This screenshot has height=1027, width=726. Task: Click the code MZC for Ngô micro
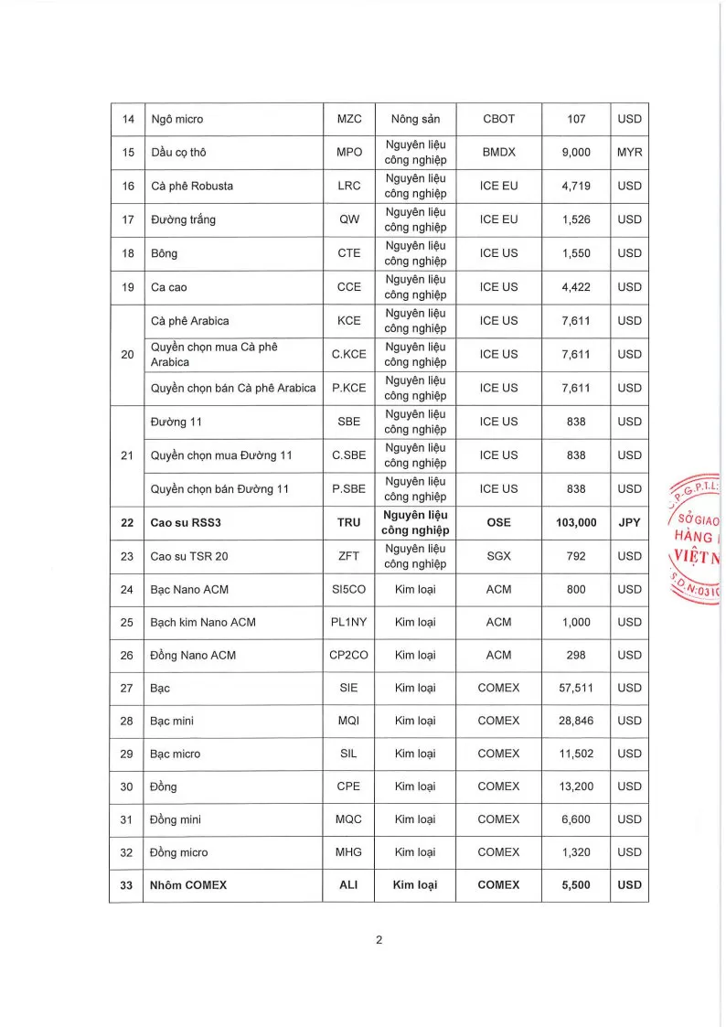click(349, 119)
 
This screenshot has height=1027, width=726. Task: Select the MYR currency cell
click(629, 153)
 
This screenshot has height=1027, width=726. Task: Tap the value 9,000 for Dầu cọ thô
click(576, 153)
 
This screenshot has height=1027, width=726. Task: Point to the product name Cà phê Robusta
click(192, 186)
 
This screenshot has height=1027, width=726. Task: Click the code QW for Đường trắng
click(349, 219)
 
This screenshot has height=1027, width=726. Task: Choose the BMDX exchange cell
click(498, 153)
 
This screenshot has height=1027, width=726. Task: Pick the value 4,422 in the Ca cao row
click(576, 287)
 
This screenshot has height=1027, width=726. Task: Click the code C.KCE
click(349, 354)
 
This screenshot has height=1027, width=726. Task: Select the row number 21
click(128, 455)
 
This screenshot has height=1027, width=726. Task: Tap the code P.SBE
click(349, 488)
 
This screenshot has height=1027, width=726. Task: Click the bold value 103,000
click(576, 522)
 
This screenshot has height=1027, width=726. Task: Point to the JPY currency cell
click(629, 522)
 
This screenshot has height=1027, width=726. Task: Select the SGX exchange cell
click(498, 556)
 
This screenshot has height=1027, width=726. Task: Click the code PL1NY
click(349, 622)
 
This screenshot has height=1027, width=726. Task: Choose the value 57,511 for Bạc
click(576, 688)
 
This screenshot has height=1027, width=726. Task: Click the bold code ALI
click(349, 885)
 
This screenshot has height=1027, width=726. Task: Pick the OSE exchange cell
click(498, 522)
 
